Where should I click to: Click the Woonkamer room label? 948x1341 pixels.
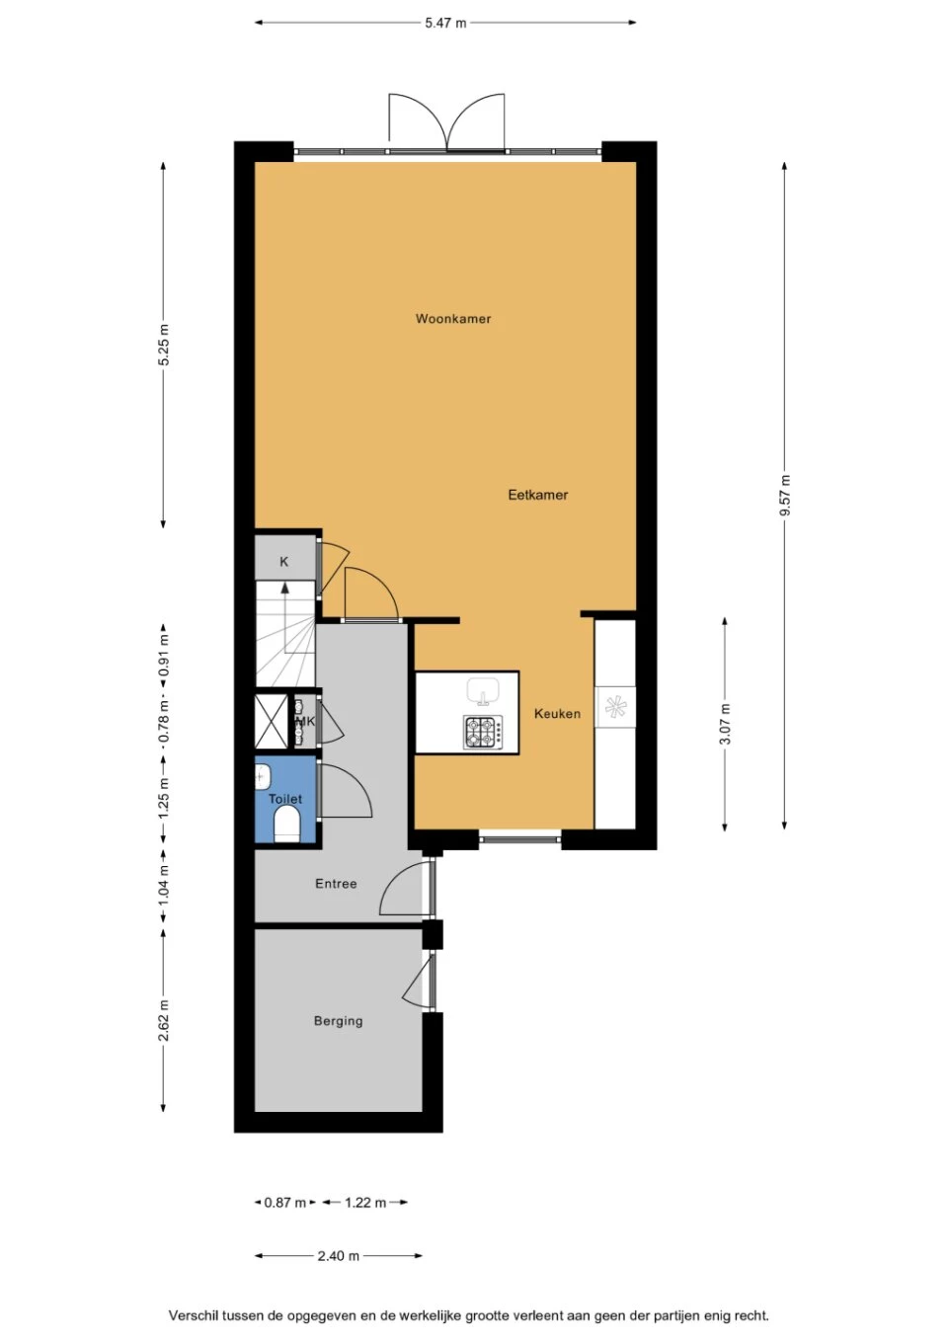(x=453, y=319)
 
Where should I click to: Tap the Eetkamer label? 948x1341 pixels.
(x=537, y=495)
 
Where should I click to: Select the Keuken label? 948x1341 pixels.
(x=557, y=714)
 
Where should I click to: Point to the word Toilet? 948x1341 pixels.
(x=285, y=799)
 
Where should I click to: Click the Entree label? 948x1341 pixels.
(x=336, y=884)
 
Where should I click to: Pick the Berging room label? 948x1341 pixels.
(x=338, y=1021)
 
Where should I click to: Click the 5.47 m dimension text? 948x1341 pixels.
(x=445, y=24)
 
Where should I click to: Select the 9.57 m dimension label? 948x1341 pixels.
(x=785, y=495)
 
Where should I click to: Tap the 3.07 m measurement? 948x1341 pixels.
(x=725, y=723)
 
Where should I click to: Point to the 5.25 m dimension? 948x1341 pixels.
(x=163, y=345)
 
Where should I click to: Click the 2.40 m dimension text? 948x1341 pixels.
(x=338, y=1256)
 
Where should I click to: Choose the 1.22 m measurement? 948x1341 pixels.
(x=365, y=1202)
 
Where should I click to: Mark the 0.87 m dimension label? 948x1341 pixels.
(x=284, y=1202)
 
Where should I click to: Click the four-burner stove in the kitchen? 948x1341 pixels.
(x=482, y=732)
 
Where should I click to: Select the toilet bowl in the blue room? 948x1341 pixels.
(x=286, y=825)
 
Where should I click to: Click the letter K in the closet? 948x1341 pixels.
(x=284, y=562)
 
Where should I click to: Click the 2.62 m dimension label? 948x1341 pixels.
(x=163, y=1021)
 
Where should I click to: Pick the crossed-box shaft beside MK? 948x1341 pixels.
(x=272, y=721)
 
